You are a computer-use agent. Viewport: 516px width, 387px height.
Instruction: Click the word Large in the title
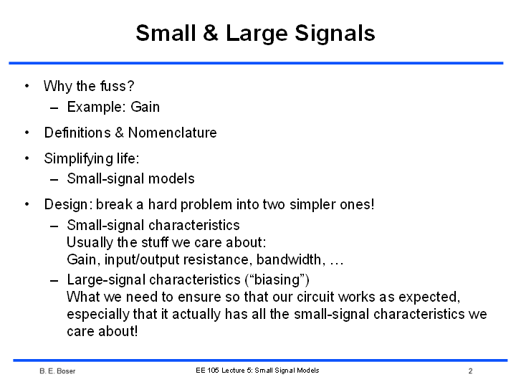click(x=257, y=34)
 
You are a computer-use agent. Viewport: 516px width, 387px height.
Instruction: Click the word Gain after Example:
click(x=145, y=107)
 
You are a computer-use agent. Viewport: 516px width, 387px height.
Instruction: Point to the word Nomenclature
click(x=173, y=133)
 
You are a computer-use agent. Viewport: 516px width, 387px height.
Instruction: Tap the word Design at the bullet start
click(x=66, y=205)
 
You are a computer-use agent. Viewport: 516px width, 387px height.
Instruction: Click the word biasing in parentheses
click(x=277, y=280)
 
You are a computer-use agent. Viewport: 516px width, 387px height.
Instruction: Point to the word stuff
click(x=155, y=242)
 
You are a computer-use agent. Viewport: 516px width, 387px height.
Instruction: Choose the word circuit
click(x=315, y=297)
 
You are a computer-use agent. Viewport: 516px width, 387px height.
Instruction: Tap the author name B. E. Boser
click(x=57, y=371)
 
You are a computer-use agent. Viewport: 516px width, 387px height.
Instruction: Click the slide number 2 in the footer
click(x=471, y=371)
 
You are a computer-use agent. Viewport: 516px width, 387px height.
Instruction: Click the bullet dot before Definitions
click(x=27, y=133)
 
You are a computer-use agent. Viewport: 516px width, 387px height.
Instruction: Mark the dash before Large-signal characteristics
click(x=54, y=281)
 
